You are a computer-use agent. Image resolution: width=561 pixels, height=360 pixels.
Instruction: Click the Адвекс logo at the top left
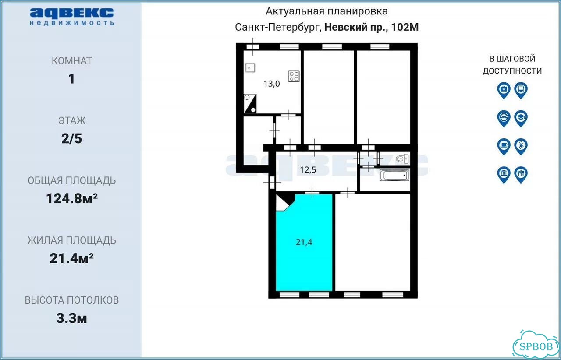72,17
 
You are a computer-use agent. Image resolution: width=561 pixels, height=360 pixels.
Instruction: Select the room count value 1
71,79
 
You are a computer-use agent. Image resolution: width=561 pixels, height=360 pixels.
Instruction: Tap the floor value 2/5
71,139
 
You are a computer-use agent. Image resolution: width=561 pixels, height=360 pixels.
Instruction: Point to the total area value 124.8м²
72,198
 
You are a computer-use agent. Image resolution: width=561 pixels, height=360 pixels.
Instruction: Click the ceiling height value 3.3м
71,318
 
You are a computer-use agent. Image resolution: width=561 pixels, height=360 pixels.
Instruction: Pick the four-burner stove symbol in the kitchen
294,76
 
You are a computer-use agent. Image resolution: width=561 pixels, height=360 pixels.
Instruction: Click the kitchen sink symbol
250,68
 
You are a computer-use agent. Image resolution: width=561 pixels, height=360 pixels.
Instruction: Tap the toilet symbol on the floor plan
402,159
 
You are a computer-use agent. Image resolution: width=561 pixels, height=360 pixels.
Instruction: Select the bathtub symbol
394,175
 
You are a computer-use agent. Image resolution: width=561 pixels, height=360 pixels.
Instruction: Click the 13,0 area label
272,84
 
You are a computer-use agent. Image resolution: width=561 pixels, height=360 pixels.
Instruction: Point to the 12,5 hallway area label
308,170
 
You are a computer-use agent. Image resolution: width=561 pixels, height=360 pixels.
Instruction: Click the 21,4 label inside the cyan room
304,242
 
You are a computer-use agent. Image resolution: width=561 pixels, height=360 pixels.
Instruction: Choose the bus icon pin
521,90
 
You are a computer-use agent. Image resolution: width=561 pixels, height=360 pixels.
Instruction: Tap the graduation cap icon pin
521,118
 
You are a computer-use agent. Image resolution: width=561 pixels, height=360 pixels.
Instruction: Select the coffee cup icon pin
504,146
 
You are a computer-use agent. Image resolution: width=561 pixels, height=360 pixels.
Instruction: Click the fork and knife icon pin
521,175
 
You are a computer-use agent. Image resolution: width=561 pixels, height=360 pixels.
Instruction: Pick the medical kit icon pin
504,90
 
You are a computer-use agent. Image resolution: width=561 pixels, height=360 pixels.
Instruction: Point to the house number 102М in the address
405,27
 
